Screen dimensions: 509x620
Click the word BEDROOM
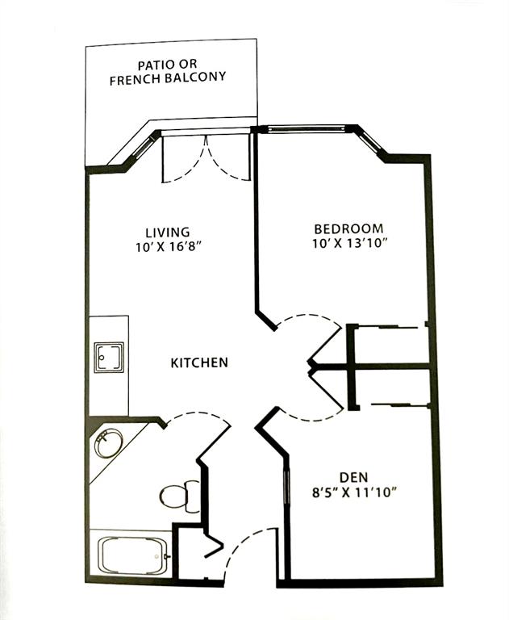[348, 228]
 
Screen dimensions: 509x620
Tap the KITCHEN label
[199, 362]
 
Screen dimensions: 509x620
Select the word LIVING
[168, 232]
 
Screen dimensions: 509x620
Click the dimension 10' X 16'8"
[169, 248]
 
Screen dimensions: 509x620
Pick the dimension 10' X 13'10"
[349, 244]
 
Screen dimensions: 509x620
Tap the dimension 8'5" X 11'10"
[354, 492]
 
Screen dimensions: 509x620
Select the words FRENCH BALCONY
[168, 77]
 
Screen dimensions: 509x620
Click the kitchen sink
[109, 357]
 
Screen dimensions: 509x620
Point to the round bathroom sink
[108, 444]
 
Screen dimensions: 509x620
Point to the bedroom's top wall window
[303, 128]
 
